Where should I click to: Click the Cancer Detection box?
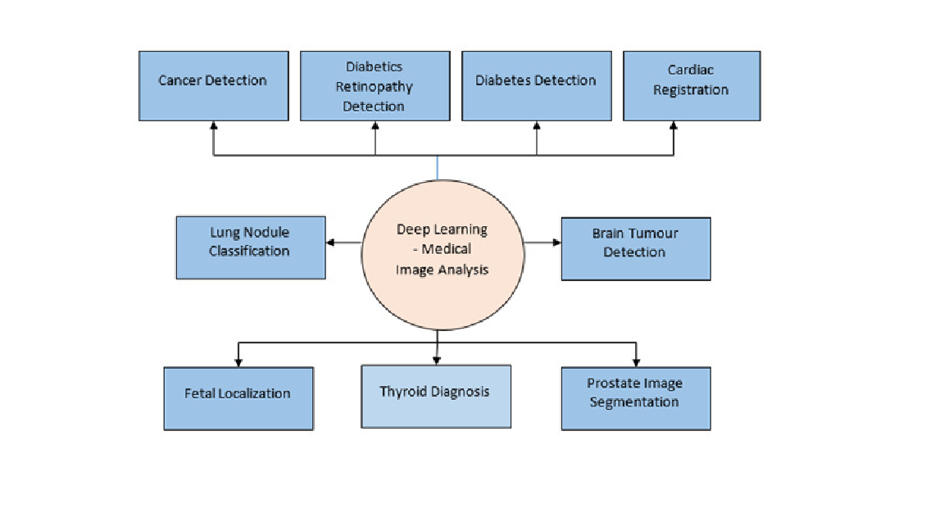click(214, 85)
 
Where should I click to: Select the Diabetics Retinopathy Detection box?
click(375, 85)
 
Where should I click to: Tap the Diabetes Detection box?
click(537, 85)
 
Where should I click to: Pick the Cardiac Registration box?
click(692, 85)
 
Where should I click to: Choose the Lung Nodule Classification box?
click(251, 247)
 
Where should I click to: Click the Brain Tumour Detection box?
click(636, 248)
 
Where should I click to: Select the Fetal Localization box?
click(238, 398)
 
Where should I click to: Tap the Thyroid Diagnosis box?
click(436, 396)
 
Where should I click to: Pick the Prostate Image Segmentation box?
click(636, 398)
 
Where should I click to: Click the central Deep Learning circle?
click(442, 255)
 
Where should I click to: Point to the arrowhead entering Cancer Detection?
click(214, 125)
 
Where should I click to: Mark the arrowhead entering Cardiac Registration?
click(673, 125)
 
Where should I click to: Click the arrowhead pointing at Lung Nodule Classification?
click(330, 243)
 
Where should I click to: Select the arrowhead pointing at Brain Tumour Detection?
click(557, 243)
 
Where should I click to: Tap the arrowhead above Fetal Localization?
click(238, 362)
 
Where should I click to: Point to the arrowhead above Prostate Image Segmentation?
click(636, 362)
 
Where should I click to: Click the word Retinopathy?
click(374, 88)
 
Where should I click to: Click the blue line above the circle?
click(437, 167)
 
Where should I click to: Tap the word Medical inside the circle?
click(446, 248)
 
